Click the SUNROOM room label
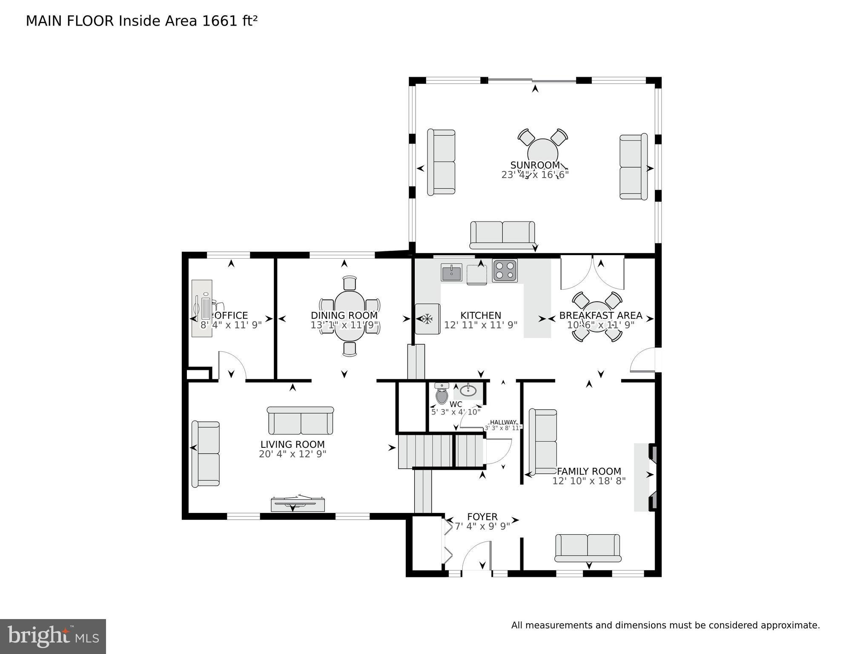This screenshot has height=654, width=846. point(535,165)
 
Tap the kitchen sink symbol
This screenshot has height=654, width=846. point(451,272)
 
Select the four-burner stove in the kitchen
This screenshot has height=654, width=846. point(505,271)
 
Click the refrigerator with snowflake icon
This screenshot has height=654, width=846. point(427,319)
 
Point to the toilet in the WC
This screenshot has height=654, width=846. point(442,395)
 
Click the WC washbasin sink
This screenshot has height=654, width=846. point(468,390)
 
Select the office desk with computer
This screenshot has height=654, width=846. point(202,308)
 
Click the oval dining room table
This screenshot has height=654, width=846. point(350,315)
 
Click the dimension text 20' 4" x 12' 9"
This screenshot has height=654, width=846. point(293,454)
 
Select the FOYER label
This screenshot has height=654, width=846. point(482,517)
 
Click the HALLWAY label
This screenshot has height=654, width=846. point(504,422)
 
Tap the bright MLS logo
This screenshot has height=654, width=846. point(53,637)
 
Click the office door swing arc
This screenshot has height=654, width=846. point(232,365)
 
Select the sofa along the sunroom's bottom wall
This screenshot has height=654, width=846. point(502,234)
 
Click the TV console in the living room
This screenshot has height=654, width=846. point(298,504)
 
